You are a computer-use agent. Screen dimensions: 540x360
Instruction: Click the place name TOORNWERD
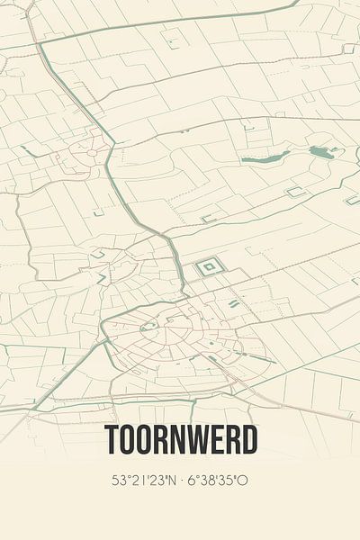(180, 439)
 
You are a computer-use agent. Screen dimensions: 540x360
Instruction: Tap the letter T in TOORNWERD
(112, 439)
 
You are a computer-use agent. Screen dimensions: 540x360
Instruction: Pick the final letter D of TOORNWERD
(247, 439)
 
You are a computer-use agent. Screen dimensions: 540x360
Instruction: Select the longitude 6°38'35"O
(217, 481)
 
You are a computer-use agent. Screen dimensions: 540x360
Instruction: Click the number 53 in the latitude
(119, 481)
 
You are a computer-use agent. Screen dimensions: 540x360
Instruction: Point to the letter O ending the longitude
(243, 481)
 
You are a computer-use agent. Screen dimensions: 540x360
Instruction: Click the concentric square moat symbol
(209, 265)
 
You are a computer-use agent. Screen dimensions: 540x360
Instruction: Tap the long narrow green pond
(266, 157)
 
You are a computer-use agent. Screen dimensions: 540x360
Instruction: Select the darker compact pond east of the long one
(320, 152)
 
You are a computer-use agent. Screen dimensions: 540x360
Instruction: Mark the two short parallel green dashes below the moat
(233, 304)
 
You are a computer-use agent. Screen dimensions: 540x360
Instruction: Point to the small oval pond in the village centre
(154, 325)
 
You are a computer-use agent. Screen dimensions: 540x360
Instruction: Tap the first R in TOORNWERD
(161, 439)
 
